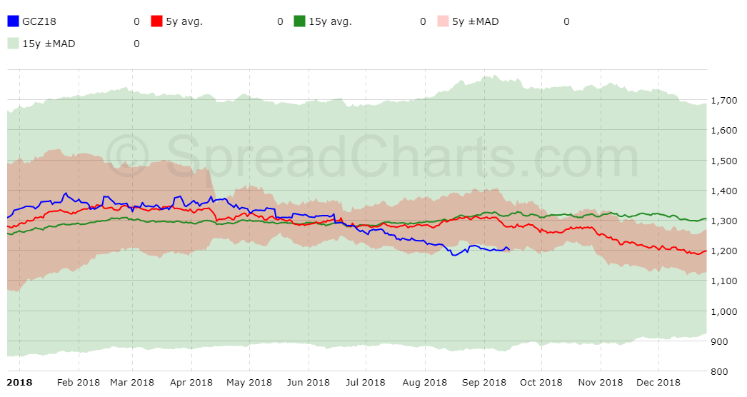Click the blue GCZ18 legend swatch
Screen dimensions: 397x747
pyautogui.click(x=13, y=21)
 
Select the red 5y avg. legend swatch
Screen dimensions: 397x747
pyautogui.click(x=157, y=21)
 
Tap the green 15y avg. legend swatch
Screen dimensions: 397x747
pyautogui.click(x=300, y=21)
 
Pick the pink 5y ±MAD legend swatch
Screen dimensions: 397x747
pyautogui.click(x=443, y=21)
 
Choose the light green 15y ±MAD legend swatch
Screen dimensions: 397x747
pyautogui.click(x=13, y=44)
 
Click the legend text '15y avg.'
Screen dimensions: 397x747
pyautogui.click(x=330, y=21)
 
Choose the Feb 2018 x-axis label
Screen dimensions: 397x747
pyautogui.click(x=79, y=383)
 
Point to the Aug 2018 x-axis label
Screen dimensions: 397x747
pyautogui.click(x=425, y=383)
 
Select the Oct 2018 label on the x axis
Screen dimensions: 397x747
pyautogui.click(x=541, y=383)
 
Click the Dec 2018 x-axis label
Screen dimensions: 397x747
pyautogui.click(x=658, y=383)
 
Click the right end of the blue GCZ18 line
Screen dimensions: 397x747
pyautogui.click(x=509, y=249)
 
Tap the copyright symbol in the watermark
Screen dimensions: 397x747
pyautogui.click(x=129, y=158)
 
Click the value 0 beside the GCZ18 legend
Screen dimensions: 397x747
pyautogui.click(x=136, y=21)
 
